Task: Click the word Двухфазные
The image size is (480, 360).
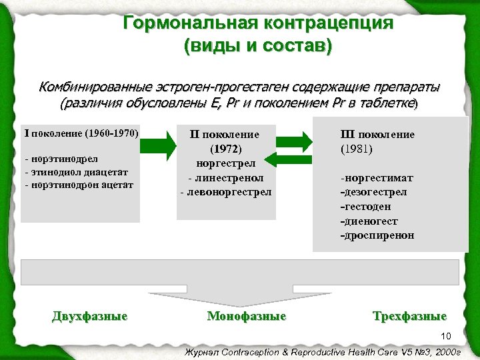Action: pos(89,316)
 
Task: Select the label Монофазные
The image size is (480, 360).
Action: pos(247,316)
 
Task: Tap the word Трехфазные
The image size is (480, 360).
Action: pos(409,316)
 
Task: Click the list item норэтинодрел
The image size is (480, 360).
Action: pos(61,160)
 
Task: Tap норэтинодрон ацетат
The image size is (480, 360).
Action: pos(79,185)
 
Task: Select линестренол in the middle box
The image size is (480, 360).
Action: pos(225,178)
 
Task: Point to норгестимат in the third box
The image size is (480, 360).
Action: pos(377,178)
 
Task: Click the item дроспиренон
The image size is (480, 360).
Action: pos(377,235)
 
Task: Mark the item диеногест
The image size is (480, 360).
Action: pos(368,221)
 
